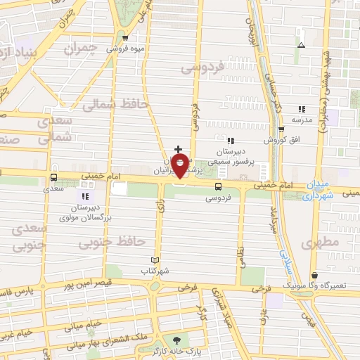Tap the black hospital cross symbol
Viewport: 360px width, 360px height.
click(x=179, y=150)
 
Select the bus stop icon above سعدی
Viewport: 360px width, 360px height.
click(x=54, y=178)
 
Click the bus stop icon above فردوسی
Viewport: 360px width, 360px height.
click(x=219, y=187)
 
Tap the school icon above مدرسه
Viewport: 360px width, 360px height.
click(x=302, y=109)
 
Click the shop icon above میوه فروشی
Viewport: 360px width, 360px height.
click(x=124, y=39)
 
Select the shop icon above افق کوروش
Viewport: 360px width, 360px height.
click(x=281, y=129)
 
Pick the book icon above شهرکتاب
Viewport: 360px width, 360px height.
click(x=155, y=259)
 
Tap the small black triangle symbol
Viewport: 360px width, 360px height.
click(x=302, y=45)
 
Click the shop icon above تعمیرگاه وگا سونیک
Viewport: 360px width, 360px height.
click(x=314, y=275)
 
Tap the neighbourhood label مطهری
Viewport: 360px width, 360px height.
click(x=321, y=243)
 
